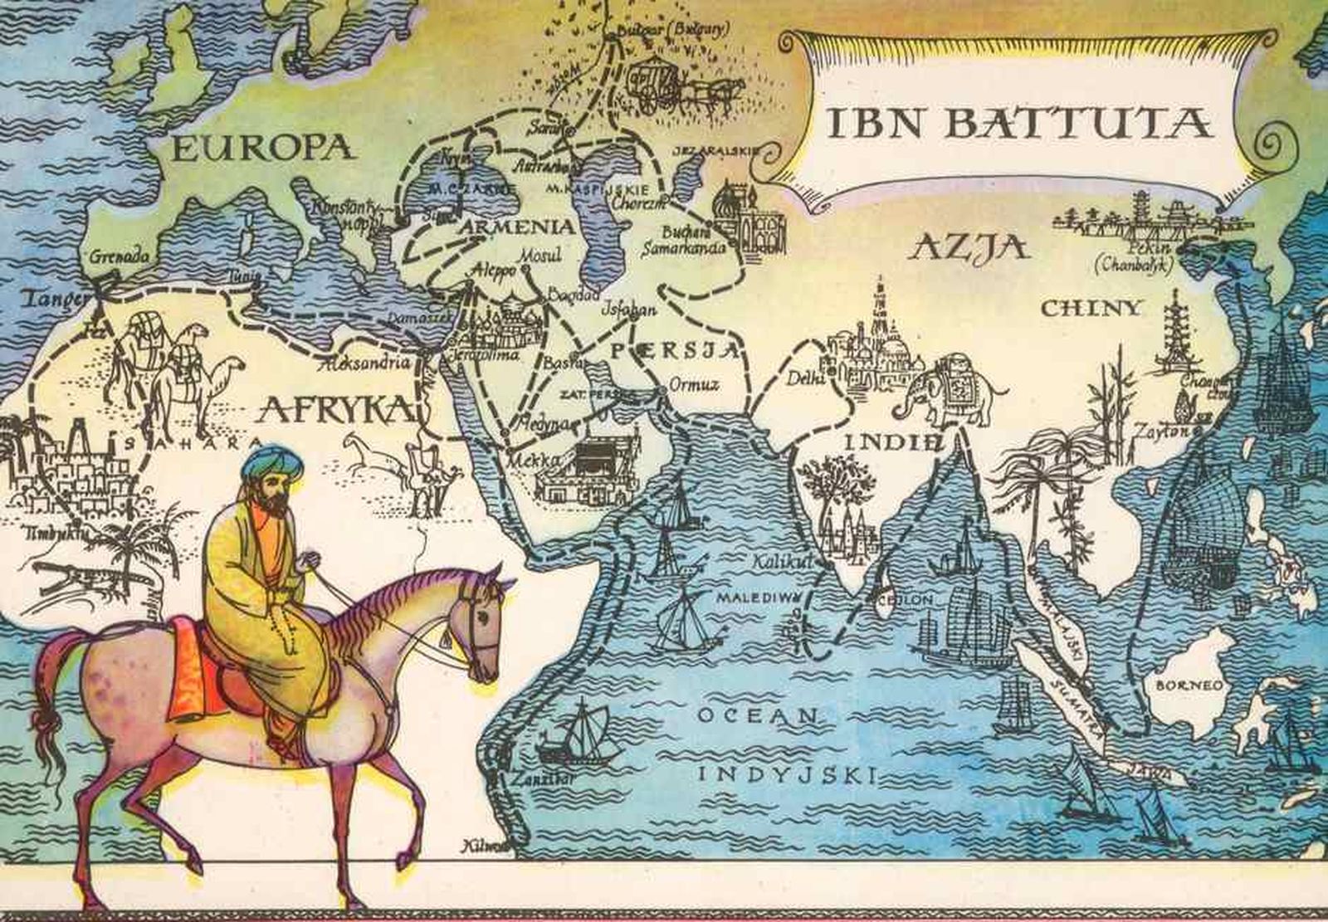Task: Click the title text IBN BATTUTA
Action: (1020, 122)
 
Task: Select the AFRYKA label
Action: (339, 409)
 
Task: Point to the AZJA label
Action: (969, 246)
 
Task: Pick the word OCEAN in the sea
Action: (757, 716)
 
